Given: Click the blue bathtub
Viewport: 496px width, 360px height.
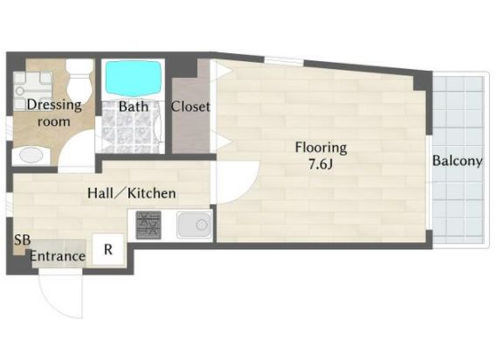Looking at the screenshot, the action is (133, 77).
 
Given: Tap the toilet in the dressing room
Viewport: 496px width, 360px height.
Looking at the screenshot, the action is (79, 80).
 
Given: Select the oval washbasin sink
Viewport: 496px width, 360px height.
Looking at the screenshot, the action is (31, 156).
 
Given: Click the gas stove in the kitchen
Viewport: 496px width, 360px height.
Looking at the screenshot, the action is (148, 225).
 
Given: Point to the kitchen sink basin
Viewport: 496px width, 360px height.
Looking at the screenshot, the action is (194, 225).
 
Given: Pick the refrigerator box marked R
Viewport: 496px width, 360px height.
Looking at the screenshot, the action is (108, 250).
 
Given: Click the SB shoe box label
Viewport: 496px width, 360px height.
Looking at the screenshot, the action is (22, 239).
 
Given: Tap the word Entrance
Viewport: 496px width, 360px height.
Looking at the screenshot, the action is (58, 256).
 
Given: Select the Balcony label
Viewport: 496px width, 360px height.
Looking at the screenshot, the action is (457, 161).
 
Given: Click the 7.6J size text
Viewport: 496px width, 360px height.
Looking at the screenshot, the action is (320, 164).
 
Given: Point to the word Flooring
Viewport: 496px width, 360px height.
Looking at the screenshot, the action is (320, 148).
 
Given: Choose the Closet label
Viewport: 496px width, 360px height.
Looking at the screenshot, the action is (190, 107).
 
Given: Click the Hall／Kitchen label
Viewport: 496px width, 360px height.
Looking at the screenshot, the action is (132, 193).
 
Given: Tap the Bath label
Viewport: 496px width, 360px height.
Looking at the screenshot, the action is (134, 107).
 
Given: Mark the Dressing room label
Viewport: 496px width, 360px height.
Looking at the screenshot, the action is (54, 113).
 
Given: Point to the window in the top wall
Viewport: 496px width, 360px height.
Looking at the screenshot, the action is (284, 61).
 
